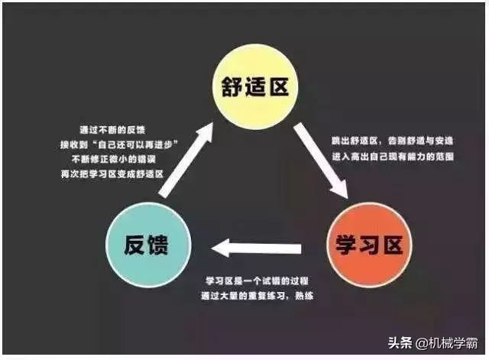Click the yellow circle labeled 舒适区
click(x=255, y=86)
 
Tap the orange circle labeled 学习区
click(x=369, y=245)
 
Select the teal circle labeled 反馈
click(x=148, y=245)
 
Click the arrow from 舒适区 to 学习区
click(x=321, y=161)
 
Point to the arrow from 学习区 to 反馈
click(x=257, y=248)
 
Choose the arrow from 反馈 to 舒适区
click(x=186, y=160)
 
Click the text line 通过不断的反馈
click(x=112, y=130)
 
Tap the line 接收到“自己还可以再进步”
click(x=119, y=144)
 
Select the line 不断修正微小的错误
click(x=114, y=160)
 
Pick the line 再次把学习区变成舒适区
click(x=112, y=174)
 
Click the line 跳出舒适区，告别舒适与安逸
click(x=392, y=141)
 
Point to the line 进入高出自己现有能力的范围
click(x=393, y=156)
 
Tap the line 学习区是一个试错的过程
click(x=257, y=281)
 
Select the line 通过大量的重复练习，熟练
click(x=257, y=296)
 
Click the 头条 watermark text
click(x=400, y=343)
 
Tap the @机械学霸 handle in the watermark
click(x=446, y=343)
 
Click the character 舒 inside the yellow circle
click(x=232, y=86)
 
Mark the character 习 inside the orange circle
click(x=369, y=245)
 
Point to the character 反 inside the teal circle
click(x=135, y=245)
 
